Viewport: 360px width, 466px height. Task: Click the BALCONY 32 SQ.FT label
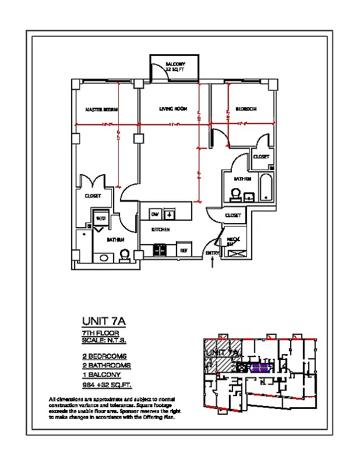(x=175, y=66)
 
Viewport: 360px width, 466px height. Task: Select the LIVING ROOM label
(x=173, y=109)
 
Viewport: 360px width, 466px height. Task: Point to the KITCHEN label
(x=161, y=230)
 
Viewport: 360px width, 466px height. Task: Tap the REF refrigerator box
(x=183, y=249)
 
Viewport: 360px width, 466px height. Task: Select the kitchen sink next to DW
(x=170, y=214)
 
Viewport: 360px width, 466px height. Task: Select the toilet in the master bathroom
(x=124, y=255)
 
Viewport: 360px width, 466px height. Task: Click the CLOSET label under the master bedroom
(x=93, y=196)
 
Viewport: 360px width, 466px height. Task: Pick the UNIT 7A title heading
(x=104, y=321)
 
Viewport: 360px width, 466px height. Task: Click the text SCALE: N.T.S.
(x=104, y=340)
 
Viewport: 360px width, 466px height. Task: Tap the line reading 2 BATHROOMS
(x=106, y=365)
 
